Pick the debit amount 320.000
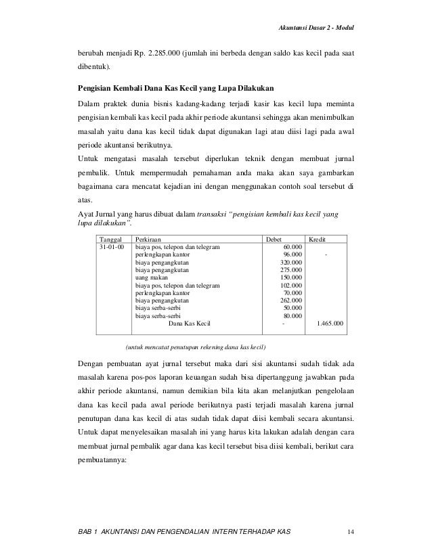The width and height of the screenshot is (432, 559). [291, 263]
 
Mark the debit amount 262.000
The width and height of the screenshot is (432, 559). [291, 300]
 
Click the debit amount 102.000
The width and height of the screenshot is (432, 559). [291, 286]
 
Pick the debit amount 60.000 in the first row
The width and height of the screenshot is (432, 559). [293, 248]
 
